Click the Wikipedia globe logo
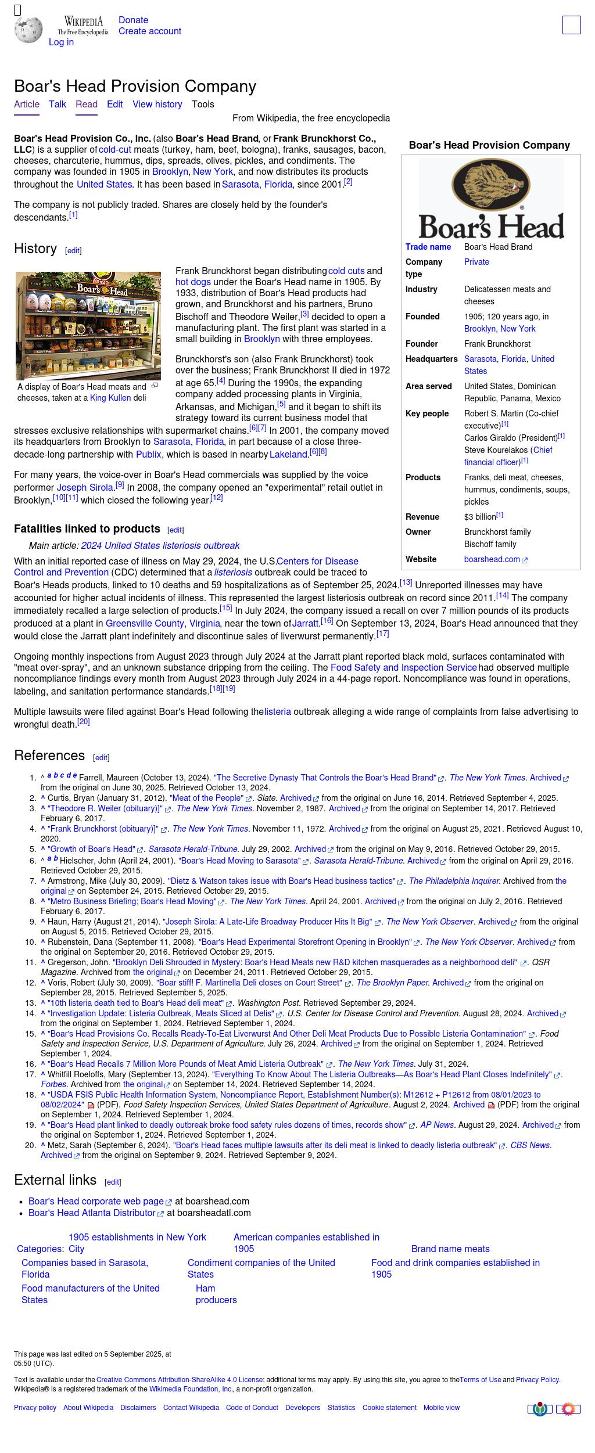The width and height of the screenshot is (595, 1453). click(28, 30)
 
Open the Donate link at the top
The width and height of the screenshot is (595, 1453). click(133, 20)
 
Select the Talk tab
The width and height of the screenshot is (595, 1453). click(58, 105)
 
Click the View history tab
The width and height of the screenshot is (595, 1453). click(157, 105)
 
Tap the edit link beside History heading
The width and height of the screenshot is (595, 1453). click(73, 251)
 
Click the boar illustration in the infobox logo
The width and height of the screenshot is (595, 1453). click(491, 185)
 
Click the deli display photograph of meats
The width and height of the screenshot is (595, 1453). click(88, 326)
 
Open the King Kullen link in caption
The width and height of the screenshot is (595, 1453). click(110, 398)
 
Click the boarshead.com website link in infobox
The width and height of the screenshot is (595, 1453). click(492, 560)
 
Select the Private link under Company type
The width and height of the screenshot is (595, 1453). click(476, 262)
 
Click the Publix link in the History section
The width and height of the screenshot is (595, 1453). click(148, 455)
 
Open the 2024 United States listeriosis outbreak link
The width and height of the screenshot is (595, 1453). click(160, 546)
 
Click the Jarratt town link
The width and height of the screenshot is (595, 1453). click(304, 624)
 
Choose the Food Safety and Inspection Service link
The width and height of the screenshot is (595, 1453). click(403, 668)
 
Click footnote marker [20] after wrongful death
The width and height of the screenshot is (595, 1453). click(84, 722)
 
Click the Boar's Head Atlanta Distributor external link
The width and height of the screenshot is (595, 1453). click(92, 1213)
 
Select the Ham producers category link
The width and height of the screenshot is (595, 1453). click(216, 1294)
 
